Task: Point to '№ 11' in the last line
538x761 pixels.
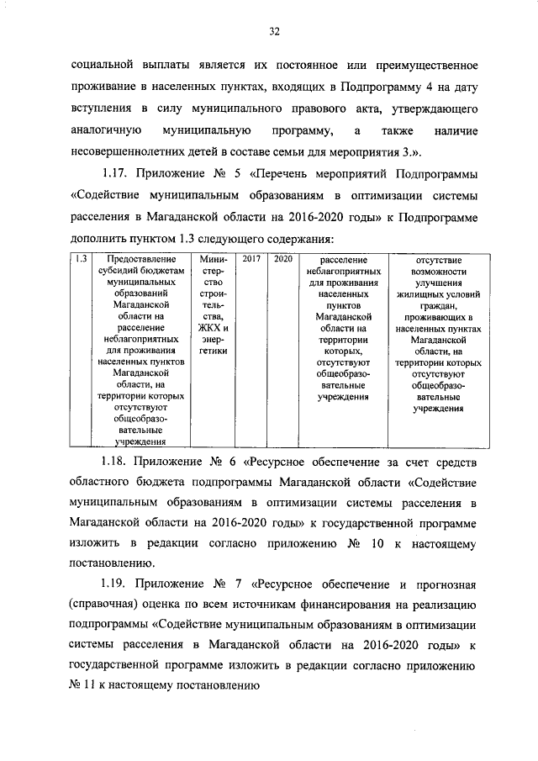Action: pos(86,686)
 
